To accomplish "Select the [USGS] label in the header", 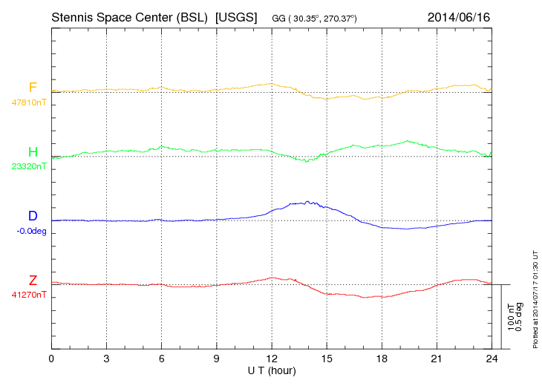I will click(236, 16).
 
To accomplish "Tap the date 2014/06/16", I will click(459, 16).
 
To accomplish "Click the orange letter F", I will click(33, 88).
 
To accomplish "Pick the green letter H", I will click(33, 152).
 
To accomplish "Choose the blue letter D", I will click(33, 216).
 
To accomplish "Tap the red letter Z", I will click(33, 280).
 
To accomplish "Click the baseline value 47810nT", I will click(29, 102).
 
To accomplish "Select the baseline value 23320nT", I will click(29, 166).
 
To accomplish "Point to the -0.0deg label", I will click(30, 231).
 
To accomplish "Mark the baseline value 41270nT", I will click(29, 295).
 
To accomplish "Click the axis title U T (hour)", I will click(272, 370).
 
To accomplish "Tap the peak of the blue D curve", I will click(308, 201).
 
